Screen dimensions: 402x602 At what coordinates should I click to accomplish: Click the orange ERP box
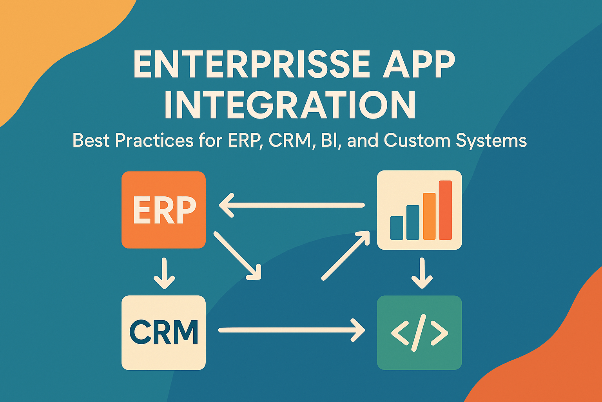(163, 210)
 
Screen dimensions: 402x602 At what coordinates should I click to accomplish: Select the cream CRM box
(163, 332)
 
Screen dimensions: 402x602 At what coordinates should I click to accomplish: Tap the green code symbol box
(419, 332)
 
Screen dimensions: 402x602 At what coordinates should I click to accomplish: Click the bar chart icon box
(419, 210)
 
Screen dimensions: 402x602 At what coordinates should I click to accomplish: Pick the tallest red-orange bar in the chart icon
(445, 210)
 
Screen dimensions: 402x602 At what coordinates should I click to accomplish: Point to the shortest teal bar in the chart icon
(397, 228)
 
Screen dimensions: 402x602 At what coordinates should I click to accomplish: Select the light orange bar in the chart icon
(429, 216)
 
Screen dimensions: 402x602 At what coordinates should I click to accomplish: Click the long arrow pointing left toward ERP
(292, 205)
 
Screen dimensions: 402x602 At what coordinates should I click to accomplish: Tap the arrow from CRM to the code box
(292, 330)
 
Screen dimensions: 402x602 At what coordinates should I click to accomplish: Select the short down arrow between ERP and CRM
(164, 273)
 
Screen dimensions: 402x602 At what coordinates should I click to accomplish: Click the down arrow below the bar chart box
(422, 273)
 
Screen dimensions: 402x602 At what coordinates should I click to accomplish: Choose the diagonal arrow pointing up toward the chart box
(345, 255)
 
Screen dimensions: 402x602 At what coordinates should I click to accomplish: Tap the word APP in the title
(419, 64)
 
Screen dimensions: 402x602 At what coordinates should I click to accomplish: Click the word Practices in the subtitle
(154, 140)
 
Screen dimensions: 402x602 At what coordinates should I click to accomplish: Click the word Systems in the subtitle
(491, 141)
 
